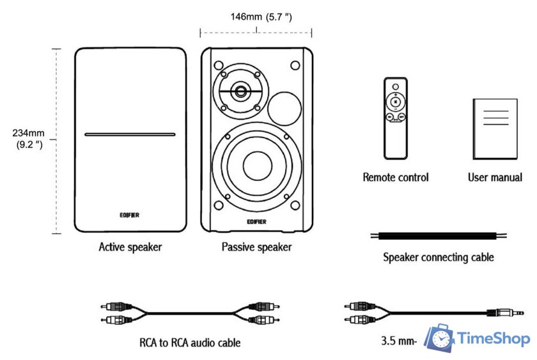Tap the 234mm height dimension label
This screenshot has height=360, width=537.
tap(27, 139)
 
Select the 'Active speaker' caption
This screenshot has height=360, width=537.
tap(130, 247)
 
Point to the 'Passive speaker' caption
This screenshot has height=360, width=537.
tap(256, 247)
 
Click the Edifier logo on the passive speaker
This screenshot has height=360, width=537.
tap(256, 221)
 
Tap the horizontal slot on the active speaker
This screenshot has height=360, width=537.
tap(130, 135)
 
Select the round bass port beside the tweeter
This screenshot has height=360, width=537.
tap(284, 107)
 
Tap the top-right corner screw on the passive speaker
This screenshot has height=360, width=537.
tap(295, 65)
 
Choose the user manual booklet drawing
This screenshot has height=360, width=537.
tap(495, 129)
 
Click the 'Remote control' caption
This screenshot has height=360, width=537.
tap(396, 177)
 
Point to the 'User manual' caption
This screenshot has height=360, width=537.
tap(495, 177)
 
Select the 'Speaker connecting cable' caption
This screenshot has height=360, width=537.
tap(438, 258)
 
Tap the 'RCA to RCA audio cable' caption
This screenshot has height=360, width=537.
tap(190, 343)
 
